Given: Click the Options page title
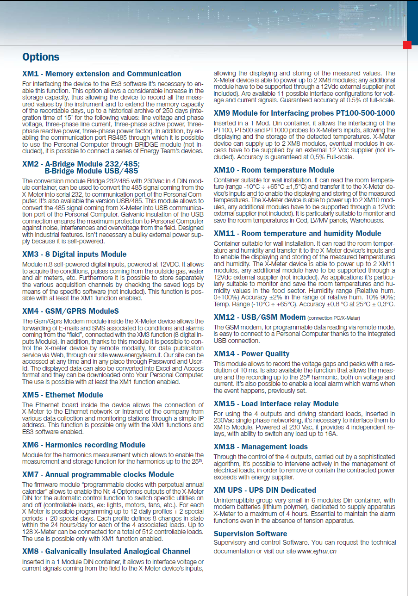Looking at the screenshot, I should pyautogui.click(x=41, y=57).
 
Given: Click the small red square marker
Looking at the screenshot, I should pyautogui.click(x=407, y=45).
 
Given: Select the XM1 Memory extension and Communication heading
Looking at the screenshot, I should pyautogui.click(x=101, y=74).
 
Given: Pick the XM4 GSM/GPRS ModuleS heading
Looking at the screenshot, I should pyautogui.click(x=70, y=311).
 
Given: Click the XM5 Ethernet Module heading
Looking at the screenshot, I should pyautogui.click(x=62, y=395).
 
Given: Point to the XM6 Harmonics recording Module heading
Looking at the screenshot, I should pyautogui.click(x=84, y=445).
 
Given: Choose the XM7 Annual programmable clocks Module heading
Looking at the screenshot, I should pyautogui.click(x=98, y=474).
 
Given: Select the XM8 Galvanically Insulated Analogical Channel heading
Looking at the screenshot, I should pyautogui.click(x=106, y=551).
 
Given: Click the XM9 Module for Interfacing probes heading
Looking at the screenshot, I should pyautogui.click(x=304, y=113).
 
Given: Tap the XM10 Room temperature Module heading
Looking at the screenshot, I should pyautogui.click(x=274, y=170).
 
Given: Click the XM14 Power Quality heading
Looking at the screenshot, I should pyautogui.click(x=251, y=354).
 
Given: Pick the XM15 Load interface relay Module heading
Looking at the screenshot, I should pyautogui.click(x=276, y=404).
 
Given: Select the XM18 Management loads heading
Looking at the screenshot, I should pyautogui.click(x=261, y=447).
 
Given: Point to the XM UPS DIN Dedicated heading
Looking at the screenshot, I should pyautogui.click(x=265, y=490).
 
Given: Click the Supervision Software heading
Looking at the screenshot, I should pyautogui.click(x=250, y=534).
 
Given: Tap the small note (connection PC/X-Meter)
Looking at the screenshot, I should pyautogui.click(x=333, y=318).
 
